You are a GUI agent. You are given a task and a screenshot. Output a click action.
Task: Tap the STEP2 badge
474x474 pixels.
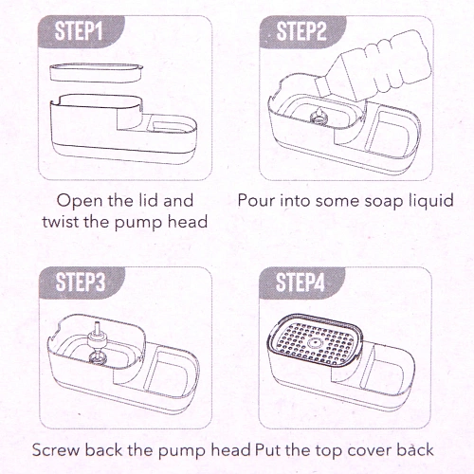coord(302,31)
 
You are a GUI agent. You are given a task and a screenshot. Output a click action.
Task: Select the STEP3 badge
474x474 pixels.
coord(82,283)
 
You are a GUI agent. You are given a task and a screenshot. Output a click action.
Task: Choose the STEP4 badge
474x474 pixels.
coord(301,283)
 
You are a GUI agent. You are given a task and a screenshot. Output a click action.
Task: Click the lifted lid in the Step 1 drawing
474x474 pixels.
coord(97,73)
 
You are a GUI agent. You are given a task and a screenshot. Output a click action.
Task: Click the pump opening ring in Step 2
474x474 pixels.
coord(319,118)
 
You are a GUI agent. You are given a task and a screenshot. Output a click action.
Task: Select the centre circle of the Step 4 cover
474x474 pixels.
coord(315,342)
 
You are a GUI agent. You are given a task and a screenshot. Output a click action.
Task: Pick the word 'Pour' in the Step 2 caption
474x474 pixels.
coord(256,200)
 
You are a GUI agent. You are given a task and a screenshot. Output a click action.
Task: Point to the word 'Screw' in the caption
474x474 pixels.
coord(56,450)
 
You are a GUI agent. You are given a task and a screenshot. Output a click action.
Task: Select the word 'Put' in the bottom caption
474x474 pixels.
coord(268,450)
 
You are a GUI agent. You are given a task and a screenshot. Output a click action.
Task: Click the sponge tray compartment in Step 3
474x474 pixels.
coord(167,375)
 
